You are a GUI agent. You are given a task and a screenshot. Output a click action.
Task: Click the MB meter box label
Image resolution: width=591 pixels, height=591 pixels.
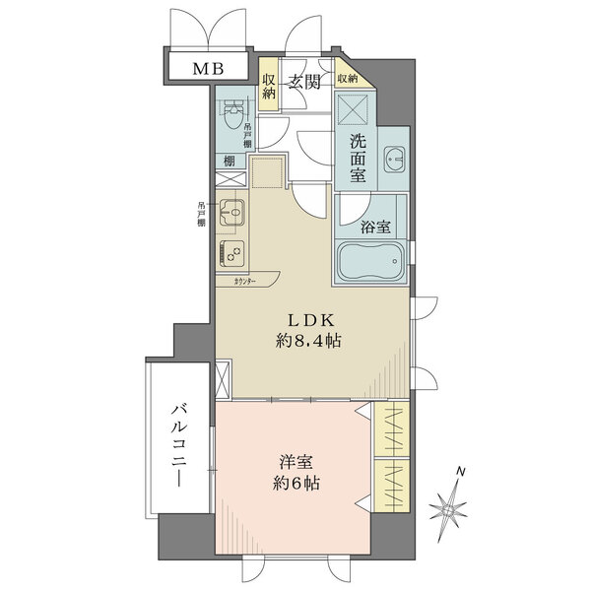pos(207,69)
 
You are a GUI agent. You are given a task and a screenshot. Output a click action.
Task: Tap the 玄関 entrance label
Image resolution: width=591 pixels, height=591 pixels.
pos(303,83)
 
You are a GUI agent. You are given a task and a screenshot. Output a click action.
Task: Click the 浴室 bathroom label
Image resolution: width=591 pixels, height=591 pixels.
pos(375,226)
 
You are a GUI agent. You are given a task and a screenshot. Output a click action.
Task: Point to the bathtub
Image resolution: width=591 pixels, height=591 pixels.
pos(372,261)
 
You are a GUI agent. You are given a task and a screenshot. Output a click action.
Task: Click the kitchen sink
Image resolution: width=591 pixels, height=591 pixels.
pos(233,210)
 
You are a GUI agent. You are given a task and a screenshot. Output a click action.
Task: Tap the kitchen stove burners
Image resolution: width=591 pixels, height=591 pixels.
pos(234,252)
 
